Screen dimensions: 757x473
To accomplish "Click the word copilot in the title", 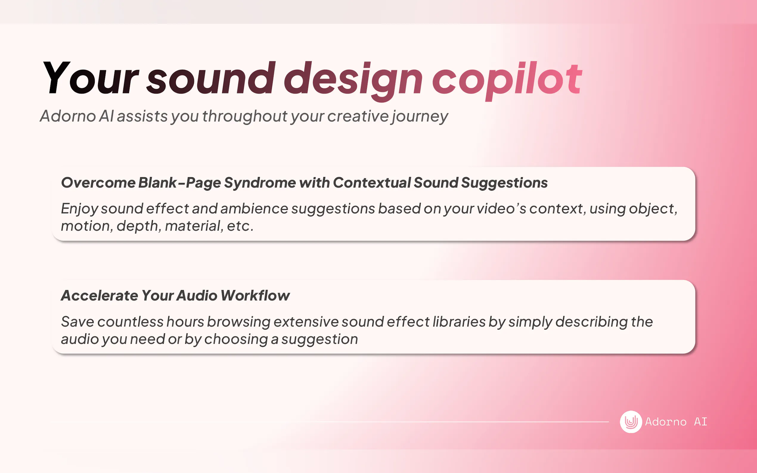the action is (x=507, y=81).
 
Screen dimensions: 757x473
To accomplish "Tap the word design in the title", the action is (x=353, y=81).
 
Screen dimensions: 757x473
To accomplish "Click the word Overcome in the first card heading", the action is (x=98, y=183).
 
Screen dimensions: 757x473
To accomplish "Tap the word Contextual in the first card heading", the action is (x=371, y=183).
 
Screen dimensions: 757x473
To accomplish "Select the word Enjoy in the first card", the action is (x=79, y=209).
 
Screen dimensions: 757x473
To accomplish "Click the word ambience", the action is (x=254, y=209).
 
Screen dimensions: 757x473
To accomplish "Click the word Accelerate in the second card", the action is (x=100, y=295).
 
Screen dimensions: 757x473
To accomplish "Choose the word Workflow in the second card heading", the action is (x=255, y=295).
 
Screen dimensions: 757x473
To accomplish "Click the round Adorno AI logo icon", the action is (x=631, y=422).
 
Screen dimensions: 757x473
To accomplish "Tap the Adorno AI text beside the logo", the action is (x=676, y=422).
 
